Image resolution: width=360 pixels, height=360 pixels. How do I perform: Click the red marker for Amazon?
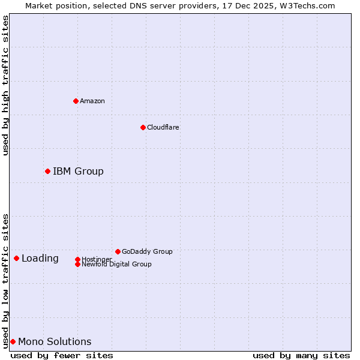click(x=76, y=101)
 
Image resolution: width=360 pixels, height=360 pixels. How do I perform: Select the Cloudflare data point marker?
click(x=143, y=127)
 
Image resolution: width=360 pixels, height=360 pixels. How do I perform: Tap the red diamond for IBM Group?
click(x=47, y=172)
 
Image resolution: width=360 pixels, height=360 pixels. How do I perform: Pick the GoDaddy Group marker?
click(x=118, y=251)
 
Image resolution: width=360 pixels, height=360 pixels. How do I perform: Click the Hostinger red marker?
click(x=77, y=259)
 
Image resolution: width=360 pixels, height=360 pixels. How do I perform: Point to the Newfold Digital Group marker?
click(x=77, y=264)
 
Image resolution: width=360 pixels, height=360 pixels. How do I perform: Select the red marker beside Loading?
click(x=16, y=259)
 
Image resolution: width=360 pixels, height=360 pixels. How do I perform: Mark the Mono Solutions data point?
click(x=13, y=342)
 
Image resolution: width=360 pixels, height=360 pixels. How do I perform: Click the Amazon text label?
click(x=92, y=101)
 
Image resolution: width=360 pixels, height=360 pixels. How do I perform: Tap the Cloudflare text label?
click(x=163, y=127)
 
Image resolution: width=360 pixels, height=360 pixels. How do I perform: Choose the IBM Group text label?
click(x=78, y=172)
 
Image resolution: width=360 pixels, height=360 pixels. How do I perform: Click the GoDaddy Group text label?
click(x=147, y=251)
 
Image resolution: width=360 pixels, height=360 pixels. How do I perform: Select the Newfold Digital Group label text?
click(x=116, y=265)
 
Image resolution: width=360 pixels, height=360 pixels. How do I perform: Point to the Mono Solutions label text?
click(x=55, y=342)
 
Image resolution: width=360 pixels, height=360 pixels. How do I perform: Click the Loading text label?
click(x=40, y=259)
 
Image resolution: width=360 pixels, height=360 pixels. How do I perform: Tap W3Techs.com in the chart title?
click(x=305, y=5)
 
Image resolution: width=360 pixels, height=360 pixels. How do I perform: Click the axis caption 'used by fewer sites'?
click(x=62, y=355)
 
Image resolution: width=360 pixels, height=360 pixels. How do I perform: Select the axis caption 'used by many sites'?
click(x=301, y=355)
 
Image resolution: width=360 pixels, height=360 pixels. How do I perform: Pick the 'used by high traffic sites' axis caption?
click(x=5, y=85)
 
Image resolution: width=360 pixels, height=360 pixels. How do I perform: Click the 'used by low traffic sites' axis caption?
click(x=5, y=280)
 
